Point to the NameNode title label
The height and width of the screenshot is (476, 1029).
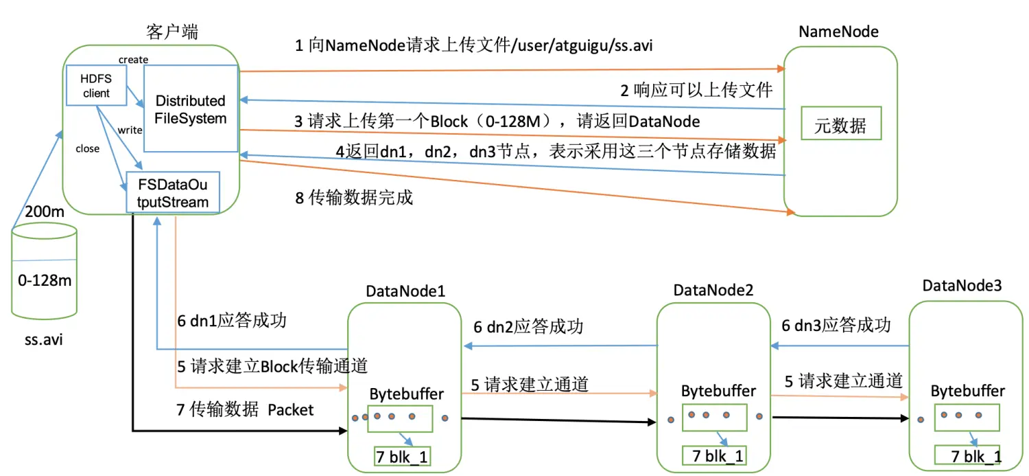(x=838, y=32)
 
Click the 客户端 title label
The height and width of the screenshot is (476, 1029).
(x=172, y=32)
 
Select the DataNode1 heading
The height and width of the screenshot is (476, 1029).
(x=405, y=291)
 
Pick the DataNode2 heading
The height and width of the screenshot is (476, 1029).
(x=713, y=290)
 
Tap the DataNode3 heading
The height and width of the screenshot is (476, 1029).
(x=962, y=285)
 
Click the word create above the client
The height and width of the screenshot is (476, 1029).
(x=133, y=59)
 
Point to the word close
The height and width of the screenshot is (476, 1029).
(x=87, y=148)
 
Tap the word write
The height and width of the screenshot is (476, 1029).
(x=130, y=130)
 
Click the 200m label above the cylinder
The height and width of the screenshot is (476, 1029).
(x=44, y=212)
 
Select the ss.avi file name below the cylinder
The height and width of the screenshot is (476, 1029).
(x=44, y=339)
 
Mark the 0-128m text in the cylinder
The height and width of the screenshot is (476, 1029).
(x=45, y=280)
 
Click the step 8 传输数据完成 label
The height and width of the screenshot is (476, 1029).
(x=354, y=197)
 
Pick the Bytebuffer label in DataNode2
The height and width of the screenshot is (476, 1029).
(x=718, y=391)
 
